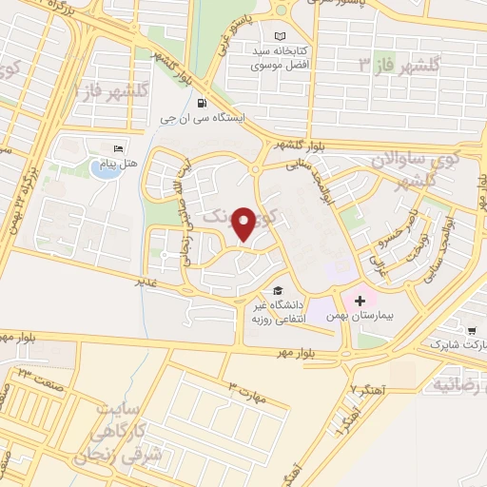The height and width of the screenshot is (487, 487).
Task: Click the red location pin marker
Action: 244,224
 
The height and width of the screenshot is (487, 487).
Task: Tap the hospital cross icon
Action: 360,301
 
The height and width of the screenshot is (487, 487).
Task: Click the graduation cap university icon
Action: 278,290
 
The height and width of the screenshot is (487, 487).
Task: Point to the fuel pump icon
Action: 200,104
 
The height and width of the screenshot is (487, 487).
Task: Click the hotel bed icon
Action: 118,149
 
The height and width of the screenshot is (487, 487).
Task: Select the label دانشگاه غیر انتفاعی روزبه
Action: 270,312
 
